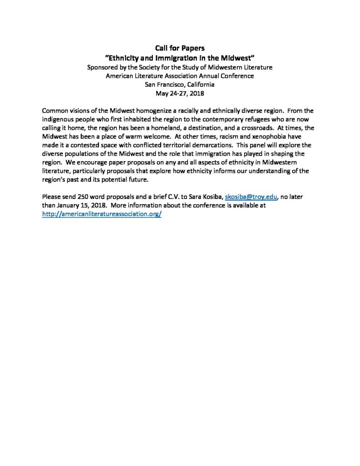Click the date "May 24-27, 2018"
pyautogui.click(x=180, y=93)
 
